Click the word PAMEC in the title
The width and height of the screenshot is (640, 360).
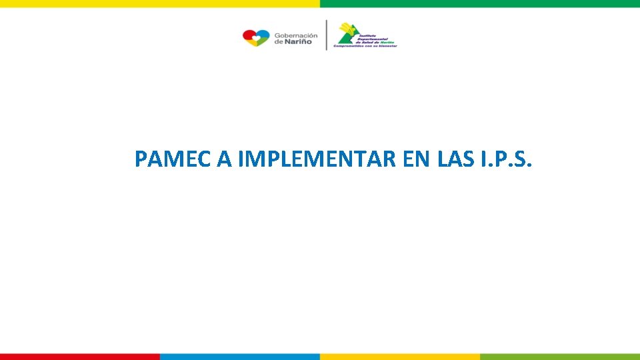[173, 159]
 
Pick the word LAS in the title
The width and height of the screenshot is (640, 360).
[456, 159]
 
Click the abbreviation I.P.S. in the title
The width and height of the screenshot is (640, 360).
[506, 159]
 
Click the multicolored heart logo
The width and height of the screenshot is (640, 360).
[256, 37]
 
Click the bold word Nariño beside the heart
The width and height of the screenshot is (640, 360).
[301, 42]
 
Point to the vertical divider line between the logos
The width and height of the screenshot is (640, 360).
[326, 35]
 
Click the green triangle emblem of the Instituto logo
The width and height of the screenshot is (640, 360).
[347, 39]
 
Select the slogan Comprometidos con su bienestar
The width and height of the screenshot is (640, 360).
[365, 46]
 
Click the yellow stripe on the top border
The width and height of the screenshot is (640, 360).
[160, 3]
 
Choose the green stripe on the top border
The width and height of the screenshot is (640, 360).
[480, 3]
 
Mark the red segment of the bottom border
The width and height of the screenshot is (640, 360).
[80, 357]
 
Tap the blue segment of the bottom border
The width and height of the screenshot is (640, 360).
[240, 357]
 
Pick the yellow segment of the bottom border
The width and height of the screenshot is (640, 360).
[400, 357]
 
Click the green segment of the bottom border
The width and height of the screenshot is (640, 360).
[560, 357]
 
